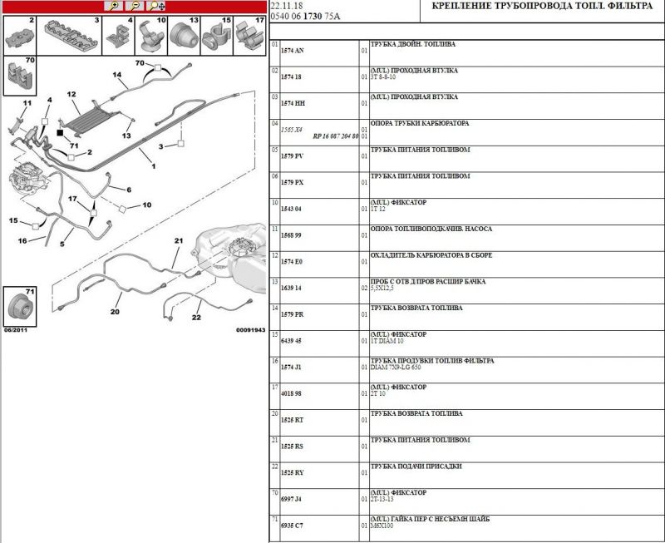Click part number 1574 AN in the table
point(294,51)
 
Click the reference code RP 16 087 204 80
point(335,136)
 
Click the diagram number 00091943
point(250,330)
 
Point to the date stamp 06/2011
point(17,330)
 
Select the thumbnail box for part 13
point(185,35)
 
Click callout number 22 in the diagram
point(197,317)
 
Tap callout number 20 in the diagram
point(115,312)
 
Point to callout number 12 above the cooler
point(72,95)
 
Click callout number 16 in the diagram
point(23,241)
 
